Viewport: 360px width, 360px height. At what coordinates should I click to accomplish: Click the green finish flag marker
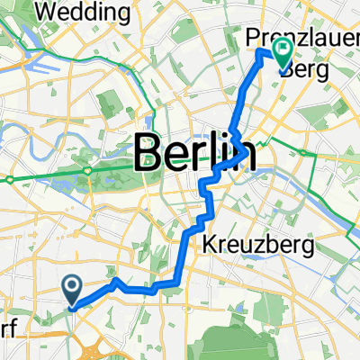pyautogui.click(x=283, y=57)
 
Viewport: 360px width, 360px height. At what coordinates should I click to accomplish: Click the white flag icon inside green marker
pyautogui.click(x=283, y=51)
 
